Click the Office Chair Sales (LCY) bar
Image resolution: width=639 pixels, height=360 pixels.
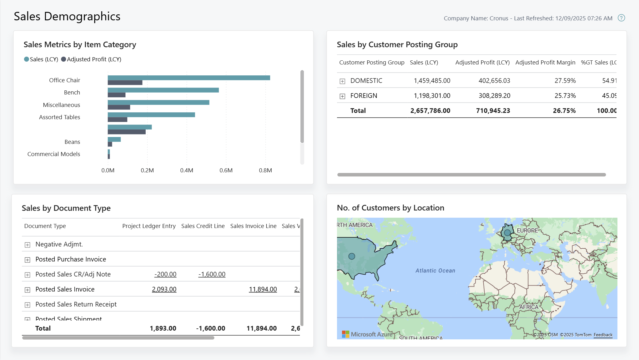click(189, 78)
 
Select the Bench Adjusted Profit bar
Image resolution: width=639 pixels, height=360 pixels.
click(117, 95)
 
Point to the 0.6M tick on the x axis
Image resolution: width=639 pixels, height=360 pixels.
click(226, 170)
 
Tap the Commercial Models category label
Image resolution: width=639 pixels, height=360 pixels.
click(54, 154)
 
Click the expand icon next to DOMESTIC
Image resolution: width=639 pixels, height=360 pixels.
click(342, 81)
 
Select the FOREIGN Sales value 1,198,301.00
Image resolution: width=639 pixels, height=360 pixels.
click(432, 96)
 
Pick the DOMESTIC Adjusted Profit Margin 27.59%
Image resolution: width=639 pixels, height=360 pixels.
click(565, 81)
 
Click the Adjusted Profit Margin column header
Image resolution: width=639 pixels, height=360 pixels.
click(545, 62)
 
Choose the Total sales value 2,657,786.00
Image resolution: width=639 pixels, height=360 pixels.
click(430, 110)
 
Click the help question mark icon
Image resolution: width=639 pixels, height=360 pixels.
click(621, 18)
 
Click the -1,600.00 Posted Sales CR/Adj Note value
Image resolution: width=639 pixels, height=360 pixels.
click(212, 274)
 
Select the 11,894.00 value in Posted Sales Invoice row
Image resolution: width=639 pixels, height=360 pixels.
click(263, 289)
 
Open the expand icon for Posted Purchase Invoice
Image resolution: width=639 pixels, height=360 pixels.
click(28, 260)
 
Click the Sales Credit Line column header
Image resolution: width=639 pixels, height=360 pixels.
click(203, 226)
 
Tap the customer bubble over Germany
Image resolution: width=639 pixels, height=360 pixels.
click(507, 233)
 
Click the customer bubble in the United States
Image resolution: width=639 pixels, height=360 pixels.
click(352, 256)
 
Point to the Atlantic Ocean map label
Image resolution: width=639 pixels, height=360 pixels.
click(435, 271)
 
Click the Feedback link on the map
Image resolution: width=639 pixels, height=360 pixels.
click(603, 335)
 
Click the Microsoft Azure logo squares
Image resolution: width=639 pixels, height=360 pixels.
click(345, 334)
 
